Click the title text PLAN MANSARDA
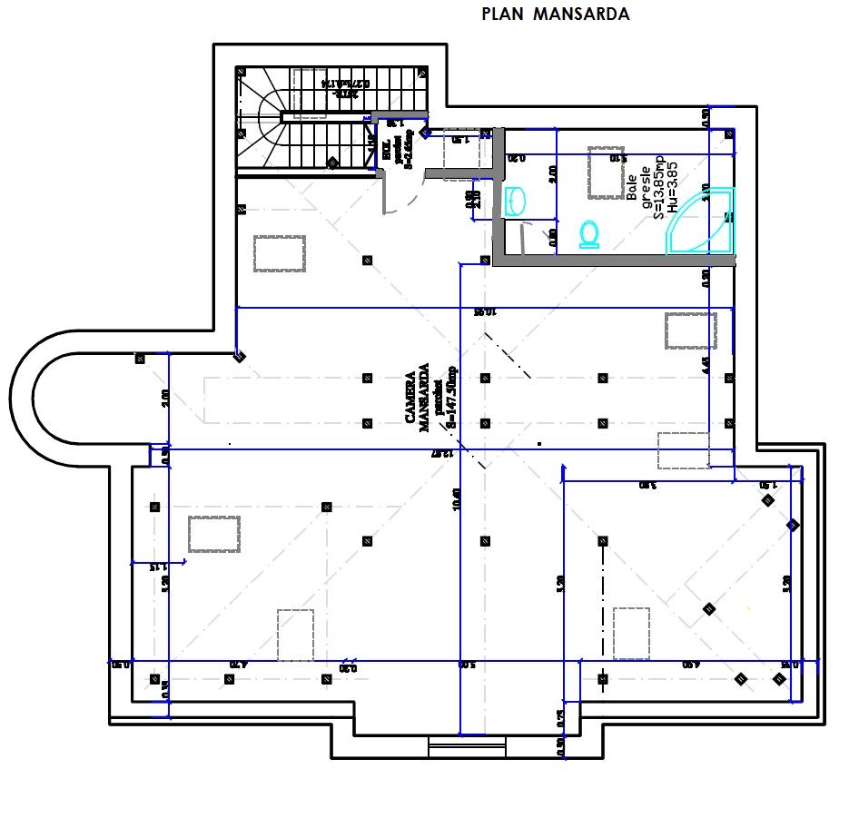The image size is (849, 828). click(x=555, y=15)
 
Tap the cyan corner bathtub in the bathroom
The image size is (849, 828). click(x=705, y=220)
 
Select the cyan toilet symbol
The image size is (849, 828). click(x=589, y=233)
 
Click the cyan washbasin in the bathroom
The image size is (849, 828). click(x=515, y=201)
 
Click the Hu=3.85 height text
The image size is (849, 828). click(x=672, y=188)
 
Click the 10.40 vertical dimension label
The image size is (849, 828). click(x=456, y=498)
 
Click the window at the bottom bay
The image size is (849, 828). click(x=454, y=745)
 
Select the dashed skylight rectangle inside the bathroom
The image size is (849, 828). click(x=607, y=172)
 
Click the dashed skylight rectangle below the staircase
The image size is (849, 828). click(x=280, y=253)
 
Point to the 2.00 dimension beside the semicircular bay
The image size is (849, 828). click(x=164, y=398)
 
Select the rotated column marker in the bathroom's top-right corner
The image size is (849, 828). click(x=729, y=134)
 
